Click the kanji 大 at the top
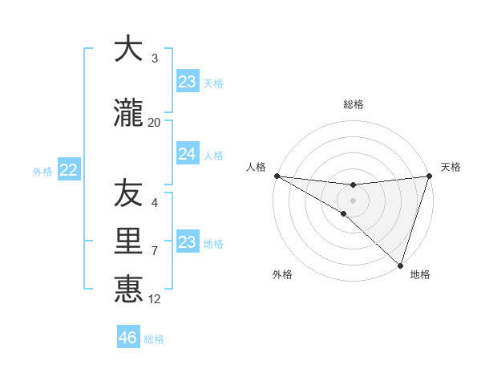[128, 49]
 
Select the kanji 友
[128, 193]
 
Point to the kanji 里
[128, 241]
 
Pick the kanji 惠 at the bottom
[128, 290]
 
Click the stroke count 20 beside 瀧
[154, 122]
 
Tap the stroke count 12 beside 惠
[155, 299]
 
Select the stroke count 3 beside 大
[155, 59]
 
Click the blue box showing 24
[187, 154]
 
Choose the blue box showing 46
[128, 338]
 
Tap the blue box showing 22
[69, 170]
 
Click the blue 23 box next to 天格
[187, 82]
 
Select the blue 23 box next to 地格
[187, 242]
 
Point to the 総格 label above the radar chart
[354, 104]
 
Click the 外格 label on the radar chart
[282, 274]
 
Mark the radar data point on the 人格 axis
[277, 176]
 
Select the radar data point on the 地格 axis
[400, 265]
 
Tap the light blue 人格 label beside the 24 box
[213, 155]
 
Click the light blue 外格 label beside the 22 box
[42, 171]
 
